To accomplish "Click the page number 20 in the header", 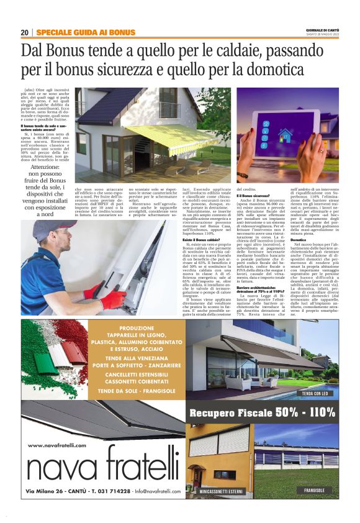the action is (x=24, y=32).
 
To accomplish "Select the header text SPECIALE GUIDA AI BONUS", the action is (x=86, y=32).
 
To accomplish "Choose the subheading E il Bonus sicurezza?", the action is (x=253, y=195).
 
